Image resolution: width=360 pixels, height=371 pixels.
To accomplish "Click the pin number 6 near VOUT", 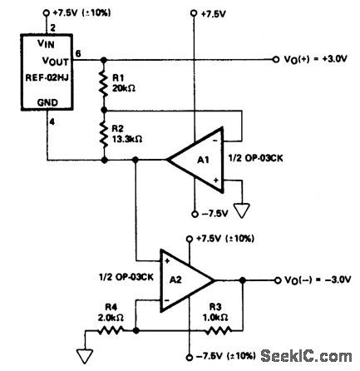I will [x=77, y=53].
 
